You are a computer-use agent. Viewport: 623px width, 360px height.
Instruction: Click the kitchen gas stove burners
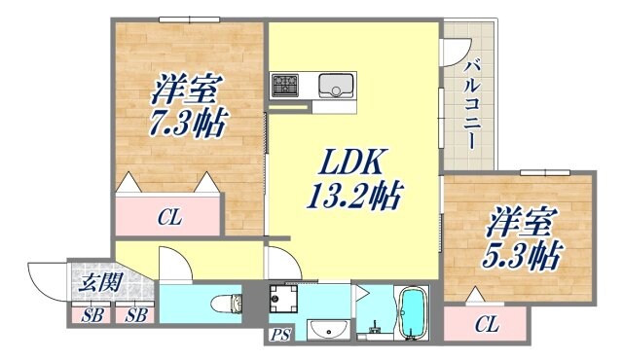pyautogui.click(x=286, y=85)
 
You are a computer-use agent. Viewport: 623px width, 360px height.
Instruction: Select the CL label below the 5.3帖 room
pyautogui.click(x=487, y=326)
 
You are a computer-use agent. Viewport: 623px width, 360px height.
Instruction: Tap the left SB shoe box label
pyautogui.click(x=93, y=315)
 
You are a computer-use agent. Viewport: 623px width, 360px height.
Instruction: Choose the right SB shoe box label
pyautogui.click(x=136, y=315)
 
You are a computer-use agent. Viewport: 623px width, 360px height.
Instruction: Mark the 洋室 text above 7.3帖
pyautogui.click(x=181, y=92)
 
